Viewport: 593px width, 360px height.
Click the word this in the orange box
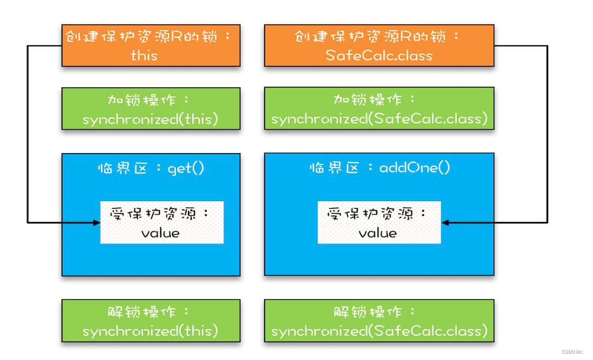144,56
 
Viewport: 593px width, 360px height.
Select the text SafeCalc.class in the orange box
379,56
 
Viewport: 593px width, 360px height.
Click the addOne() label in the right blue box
415,168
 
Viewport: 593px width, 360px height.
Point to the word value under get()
161,233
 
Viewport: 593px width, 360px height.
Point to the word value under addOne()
378,233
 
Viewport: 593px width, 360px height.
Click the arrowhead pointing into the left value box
96,223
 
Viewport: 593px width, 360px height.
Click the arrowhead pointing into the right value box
445,223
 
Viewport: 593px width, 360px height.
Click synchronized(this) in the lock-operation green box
150,119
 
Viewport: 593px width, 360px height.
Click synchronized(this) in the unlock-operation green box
150,331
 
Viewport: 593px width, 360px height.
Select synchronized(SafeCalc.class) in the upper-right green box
379,119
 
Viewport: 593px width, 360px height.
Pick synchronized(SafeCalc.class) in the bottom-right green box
379,331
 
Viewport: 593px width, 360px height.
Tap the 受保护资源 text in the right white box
373,214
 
